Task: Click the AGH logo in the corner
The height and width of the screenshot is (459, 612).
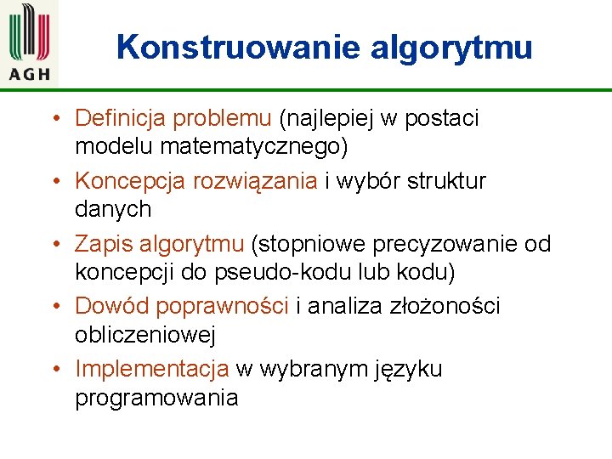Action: click(30, 42)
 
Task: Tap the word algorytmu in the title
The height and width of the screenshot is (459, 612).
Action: click(451, 47)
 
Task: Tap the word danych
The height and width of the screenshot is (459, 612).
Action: click(113, 209)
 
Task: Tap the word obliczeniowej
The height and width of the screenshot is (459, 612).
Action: click(145, 335)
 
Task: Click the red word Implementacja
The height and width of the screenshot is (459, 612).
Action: click(152, 370)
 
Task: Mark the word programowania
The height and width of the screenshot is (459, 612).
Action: click(156, 398)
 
